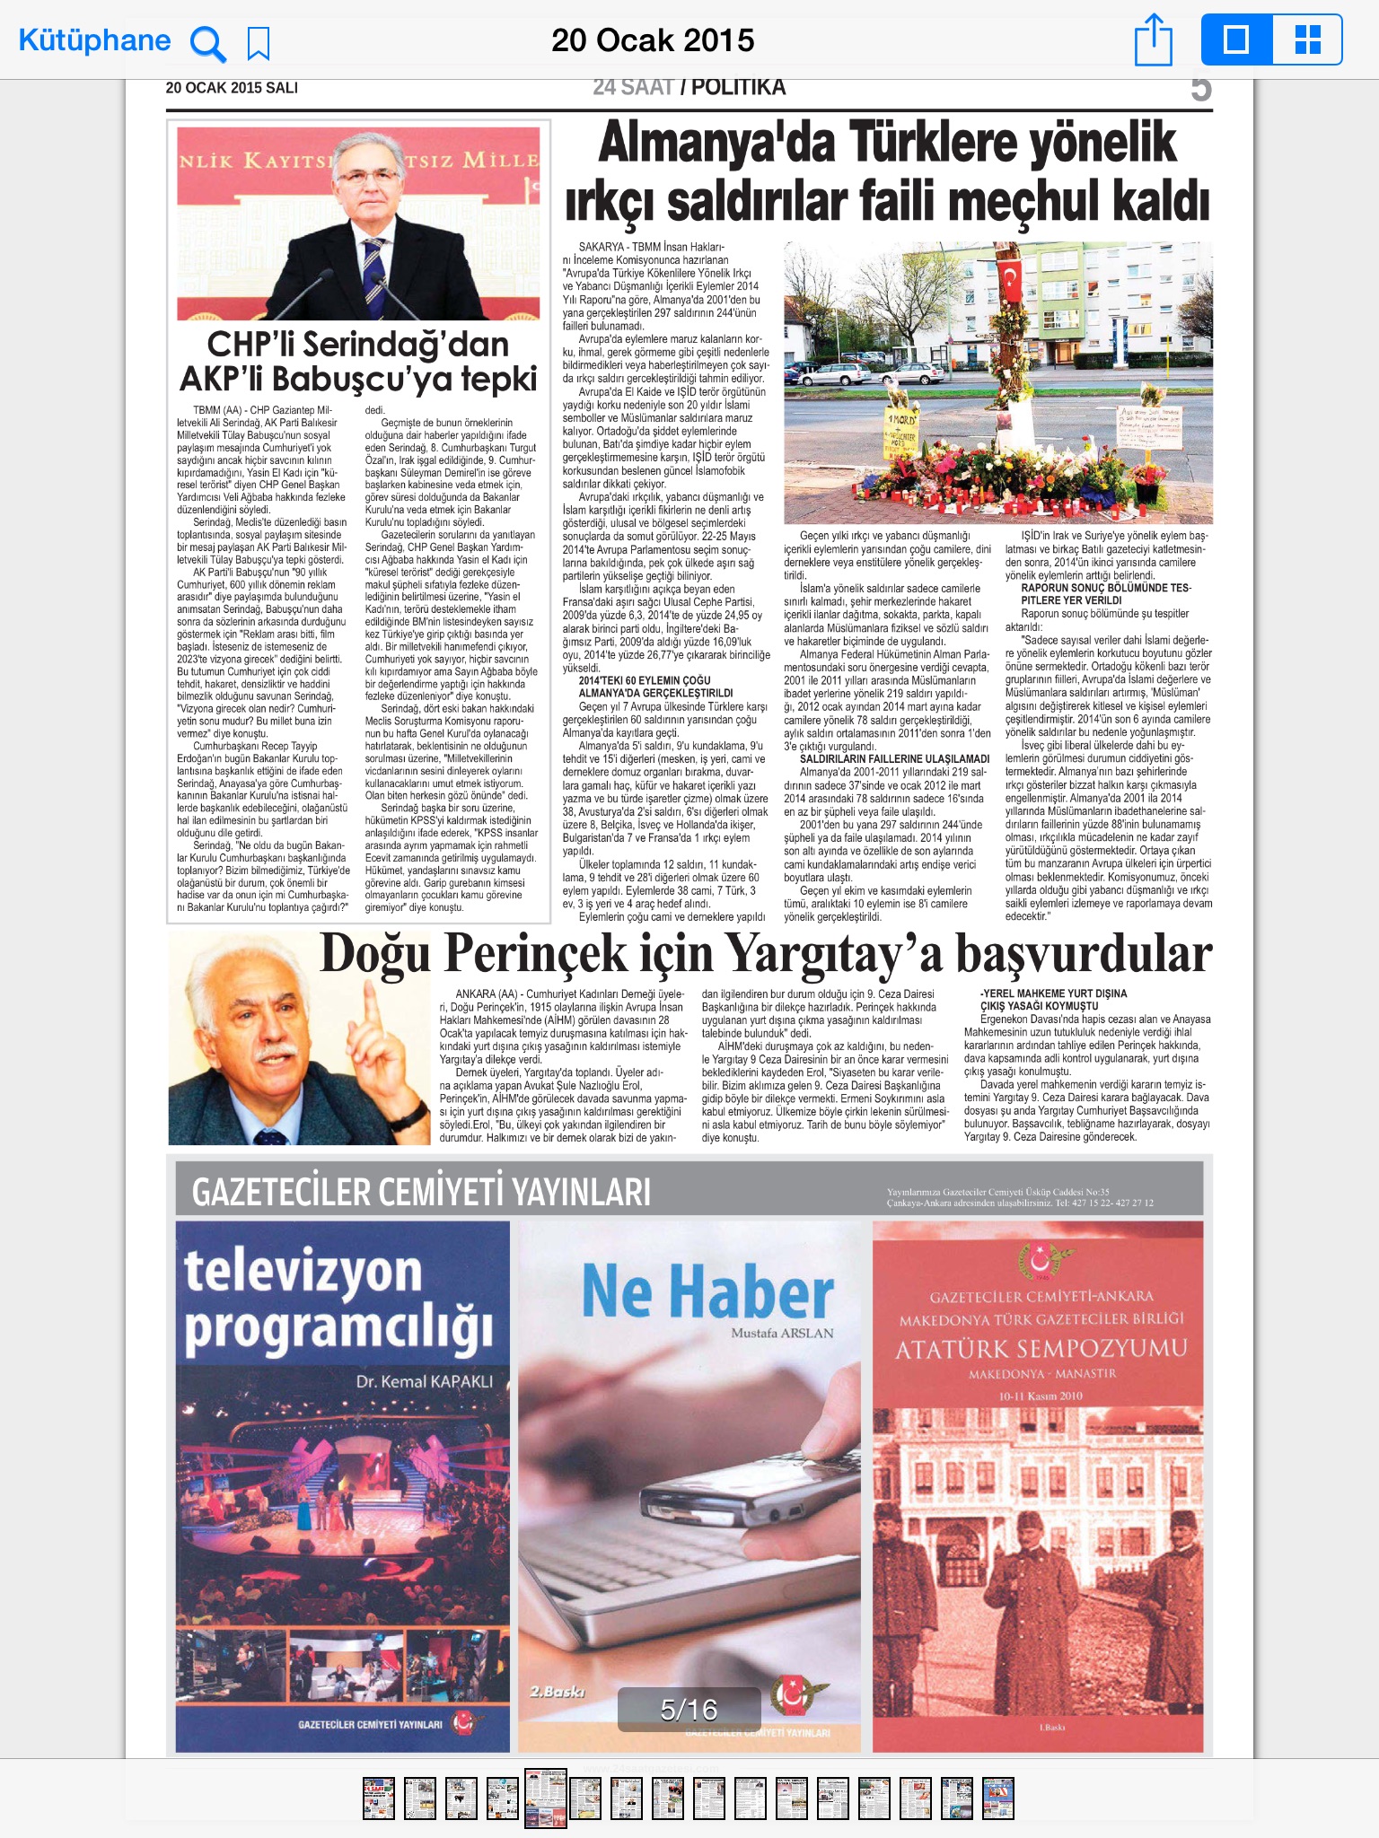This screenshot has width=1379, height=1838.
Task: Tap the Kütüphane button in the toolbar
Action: coord(94,40)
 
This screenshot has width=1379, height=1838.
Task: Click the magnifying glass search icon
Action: coord(208,42)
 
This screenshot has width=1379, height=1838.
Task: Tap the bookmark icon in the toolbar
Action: coord(259,42)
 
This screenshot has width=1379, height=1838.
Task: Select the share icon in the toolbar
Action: coord(1154,40)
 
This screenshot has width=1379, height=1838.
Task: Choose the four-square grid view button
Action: coord(1307,39)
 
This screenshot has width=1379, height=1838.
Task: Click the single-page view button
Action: coord(1236,39)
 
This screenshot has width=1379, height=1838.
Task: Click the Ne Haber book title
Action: coord(707,1291)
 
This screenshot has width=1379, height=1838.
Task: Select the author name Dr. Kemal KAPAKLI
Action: coord(424,1381)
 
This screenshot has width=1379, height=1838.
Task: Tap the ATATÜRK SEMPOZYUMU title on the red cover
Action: coord(1041,1349)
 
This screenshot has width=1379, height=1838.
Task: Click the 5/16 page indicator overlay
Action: coord(689,1710)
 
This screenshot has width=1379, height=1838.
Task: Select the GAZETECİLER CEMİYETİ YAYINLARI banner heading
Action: coord(421,1192)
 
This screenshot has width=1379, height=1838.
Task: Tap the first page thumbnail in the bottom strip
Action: coord(378,1798)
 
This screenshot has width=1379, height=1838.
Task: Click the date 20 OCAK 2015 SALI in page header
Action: coord(232,88)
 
